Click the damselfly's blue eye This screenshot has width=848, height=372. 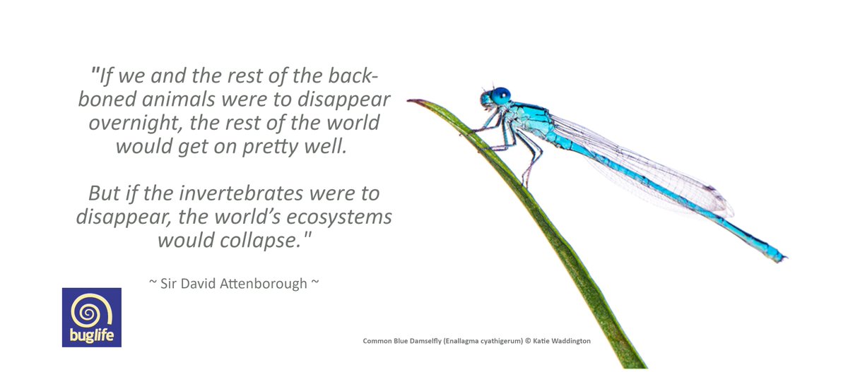click(501, 95)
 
